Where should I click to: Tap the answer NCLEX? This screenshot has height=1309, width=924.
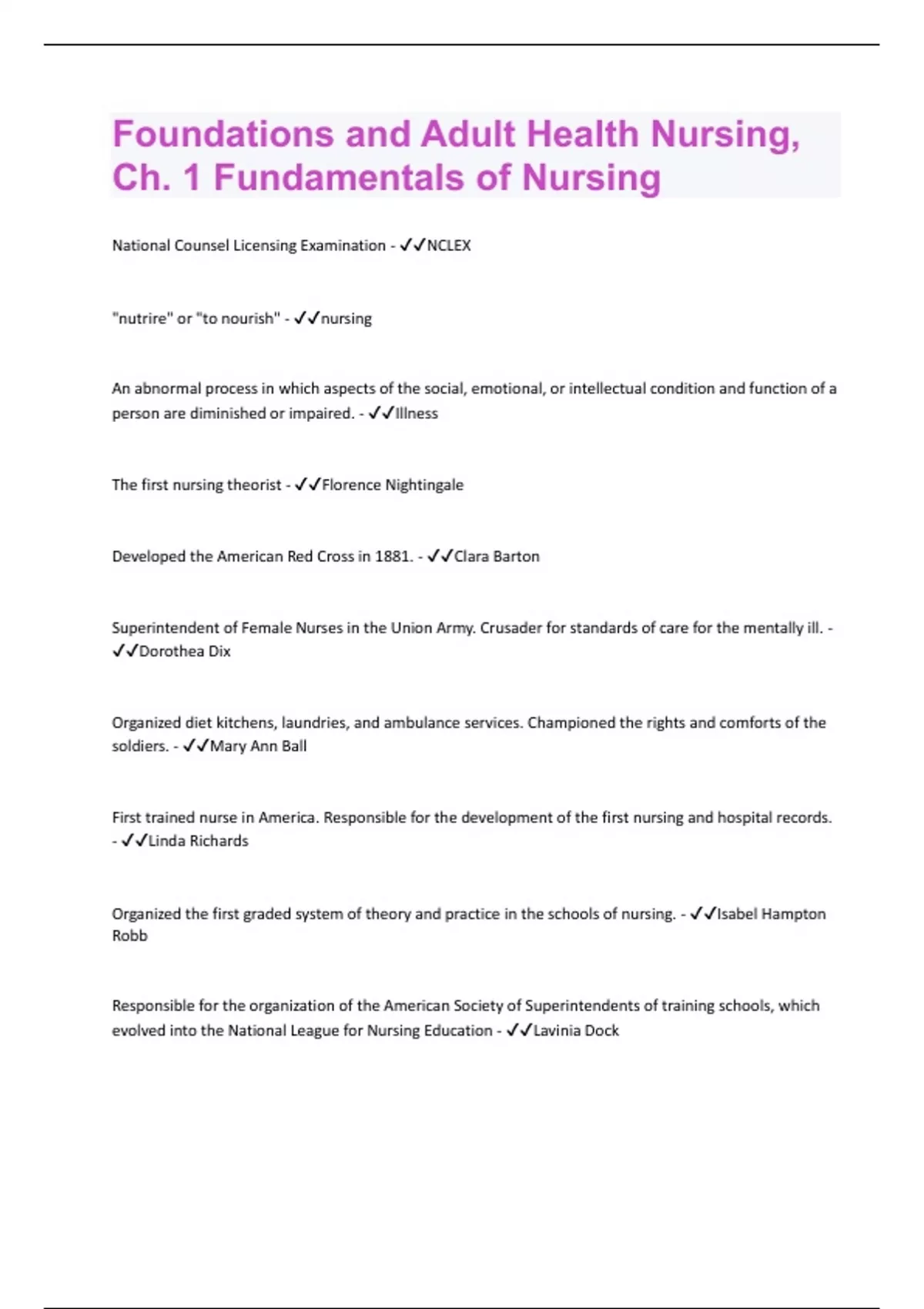tap(449, 246)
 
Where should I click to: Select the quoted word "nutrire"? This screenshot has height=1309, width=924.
tap(142, 318)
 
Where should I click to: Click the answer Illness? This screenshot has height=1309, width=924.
tap(417, 413)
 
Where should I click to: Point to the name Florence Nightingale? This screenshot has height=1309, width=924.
tap(393, 485)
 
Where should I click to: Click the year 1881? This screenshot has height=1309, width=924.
tap(393, 556)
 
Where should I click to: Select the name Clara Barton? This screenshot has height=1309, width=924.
tap(497, 556)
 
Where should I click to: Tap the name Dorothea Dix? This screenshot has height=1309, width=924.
tap(185, 651)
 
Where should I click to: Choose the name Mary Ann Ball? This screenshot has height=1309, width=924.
tap(258, 746)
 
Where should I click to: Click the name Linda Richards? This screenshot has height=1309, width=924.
tap(198, 841)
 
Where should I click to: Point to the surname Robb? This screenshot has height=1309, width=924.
tap(129, 936)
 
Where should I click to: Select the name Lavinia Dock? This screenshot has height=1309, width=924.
tap(576, 1030)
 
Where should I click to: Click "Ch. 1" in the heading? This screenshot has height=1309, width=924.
tap(156, 178)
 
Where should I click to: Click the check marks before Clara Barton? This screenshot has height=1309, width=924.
tap(440, 556)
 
